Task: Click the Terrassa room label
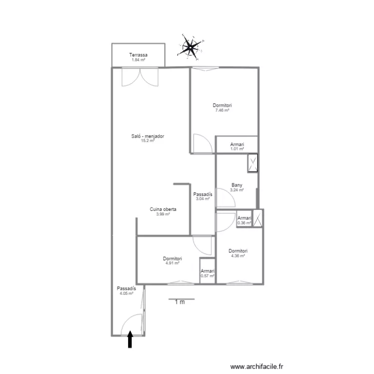pos(138,55)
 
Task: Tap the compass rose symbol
pos(190,47)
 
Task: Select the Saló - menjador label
pos(148,136)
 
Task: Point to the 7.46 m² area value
pos(222,110)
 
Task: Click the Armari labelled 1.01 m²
pos(237,145)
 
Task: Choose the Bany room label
pos(236,185)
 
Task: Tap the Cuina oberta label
pos(163,209)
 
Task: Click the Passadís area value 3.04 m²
pos(202,198)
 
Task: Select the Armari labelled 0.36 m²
pos(244,218)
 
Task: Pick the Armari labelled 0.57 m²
pos(207,271)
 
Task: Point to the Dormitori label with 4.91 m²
pos(172,258)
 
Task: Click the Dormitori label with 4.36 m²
pos(238,251)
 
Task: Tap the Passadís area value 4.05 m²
pos(126,294)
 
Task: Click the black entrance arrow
pos(130,339)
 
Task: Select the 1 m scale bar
pos(182,299)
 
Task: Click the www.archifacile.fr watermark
pos(257,367)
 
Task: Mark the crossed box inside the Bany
pos(253,163)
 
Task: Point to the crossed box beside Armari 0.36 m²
pos(258,218)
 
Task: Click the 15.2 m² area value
pos(148,141)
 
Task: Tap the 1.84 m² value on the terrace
pos(138,60)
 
